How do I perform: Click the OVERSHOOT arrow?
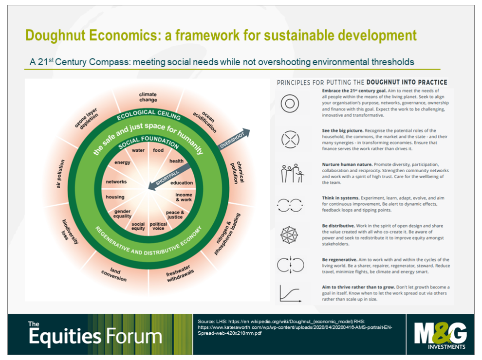tap(234, 139)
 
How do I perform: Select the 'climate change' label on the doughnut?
tap(148, 97)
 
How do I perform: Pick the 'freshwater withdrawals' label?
tap(180, 273)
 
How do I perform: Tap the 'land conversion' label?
tap(114, 274)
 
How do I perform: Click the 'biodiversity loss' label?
tap(70, 232)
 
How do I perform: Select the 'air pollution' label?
tap(60, 174)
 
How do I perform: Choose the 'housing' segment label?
tap(115, 197)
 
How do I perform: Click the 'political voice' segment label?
tap(158, 226)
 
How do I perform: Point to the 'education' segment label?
tap(182, 183)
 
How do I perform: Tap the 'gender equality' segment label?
tap(122, 214)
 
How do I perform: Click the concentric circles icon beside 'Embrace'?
tap(290, 104)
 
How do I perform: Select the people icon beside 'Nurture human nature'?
tap(292, 173)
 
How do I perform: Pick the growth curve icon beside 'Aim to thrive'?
tap(290, 293)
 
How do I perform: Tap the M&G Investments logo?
tap(440, 335)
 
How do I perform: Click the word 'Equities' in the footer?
tap(65, 337)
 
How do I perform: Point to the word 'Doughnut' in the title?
tap(56, 36)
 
